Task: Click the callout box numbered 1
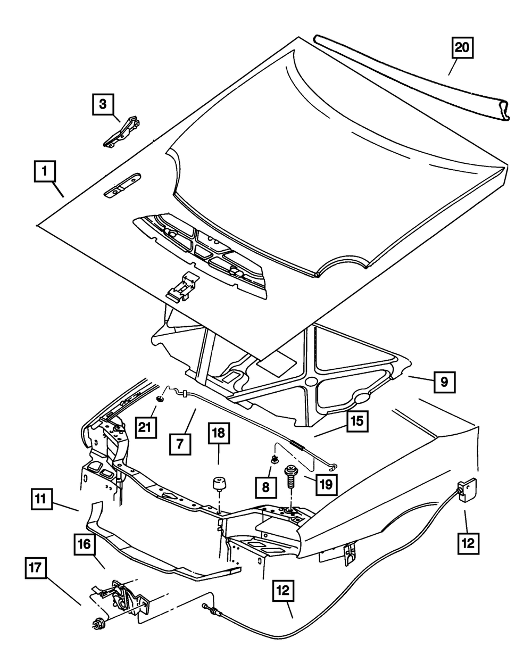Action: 45,173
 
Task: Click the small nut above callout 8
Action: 274,459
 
